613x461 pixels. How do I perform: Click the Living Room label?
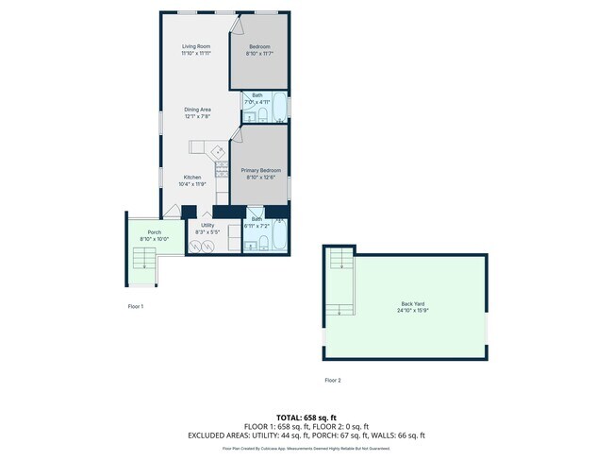pos(196,46)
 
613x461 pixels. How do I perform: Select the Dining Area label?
pos(197,110)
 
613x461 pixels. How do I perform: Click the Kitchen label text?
pos(192,177)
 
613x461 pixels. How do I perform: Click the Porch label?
pos(154,232)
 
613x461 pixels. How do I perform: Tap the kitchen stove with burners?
pos(221,169)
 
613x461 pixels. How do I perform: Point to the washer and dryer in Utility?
pos(202,246)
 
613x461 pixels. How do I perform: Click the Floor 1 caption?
pos(136,306)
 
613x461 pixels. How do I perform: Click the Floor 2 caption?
pos(332,380)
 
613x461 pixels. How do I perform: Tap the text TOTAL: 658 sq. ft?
pos(306,417)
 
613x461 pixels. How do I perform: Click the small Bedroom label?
pos(259,46)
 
